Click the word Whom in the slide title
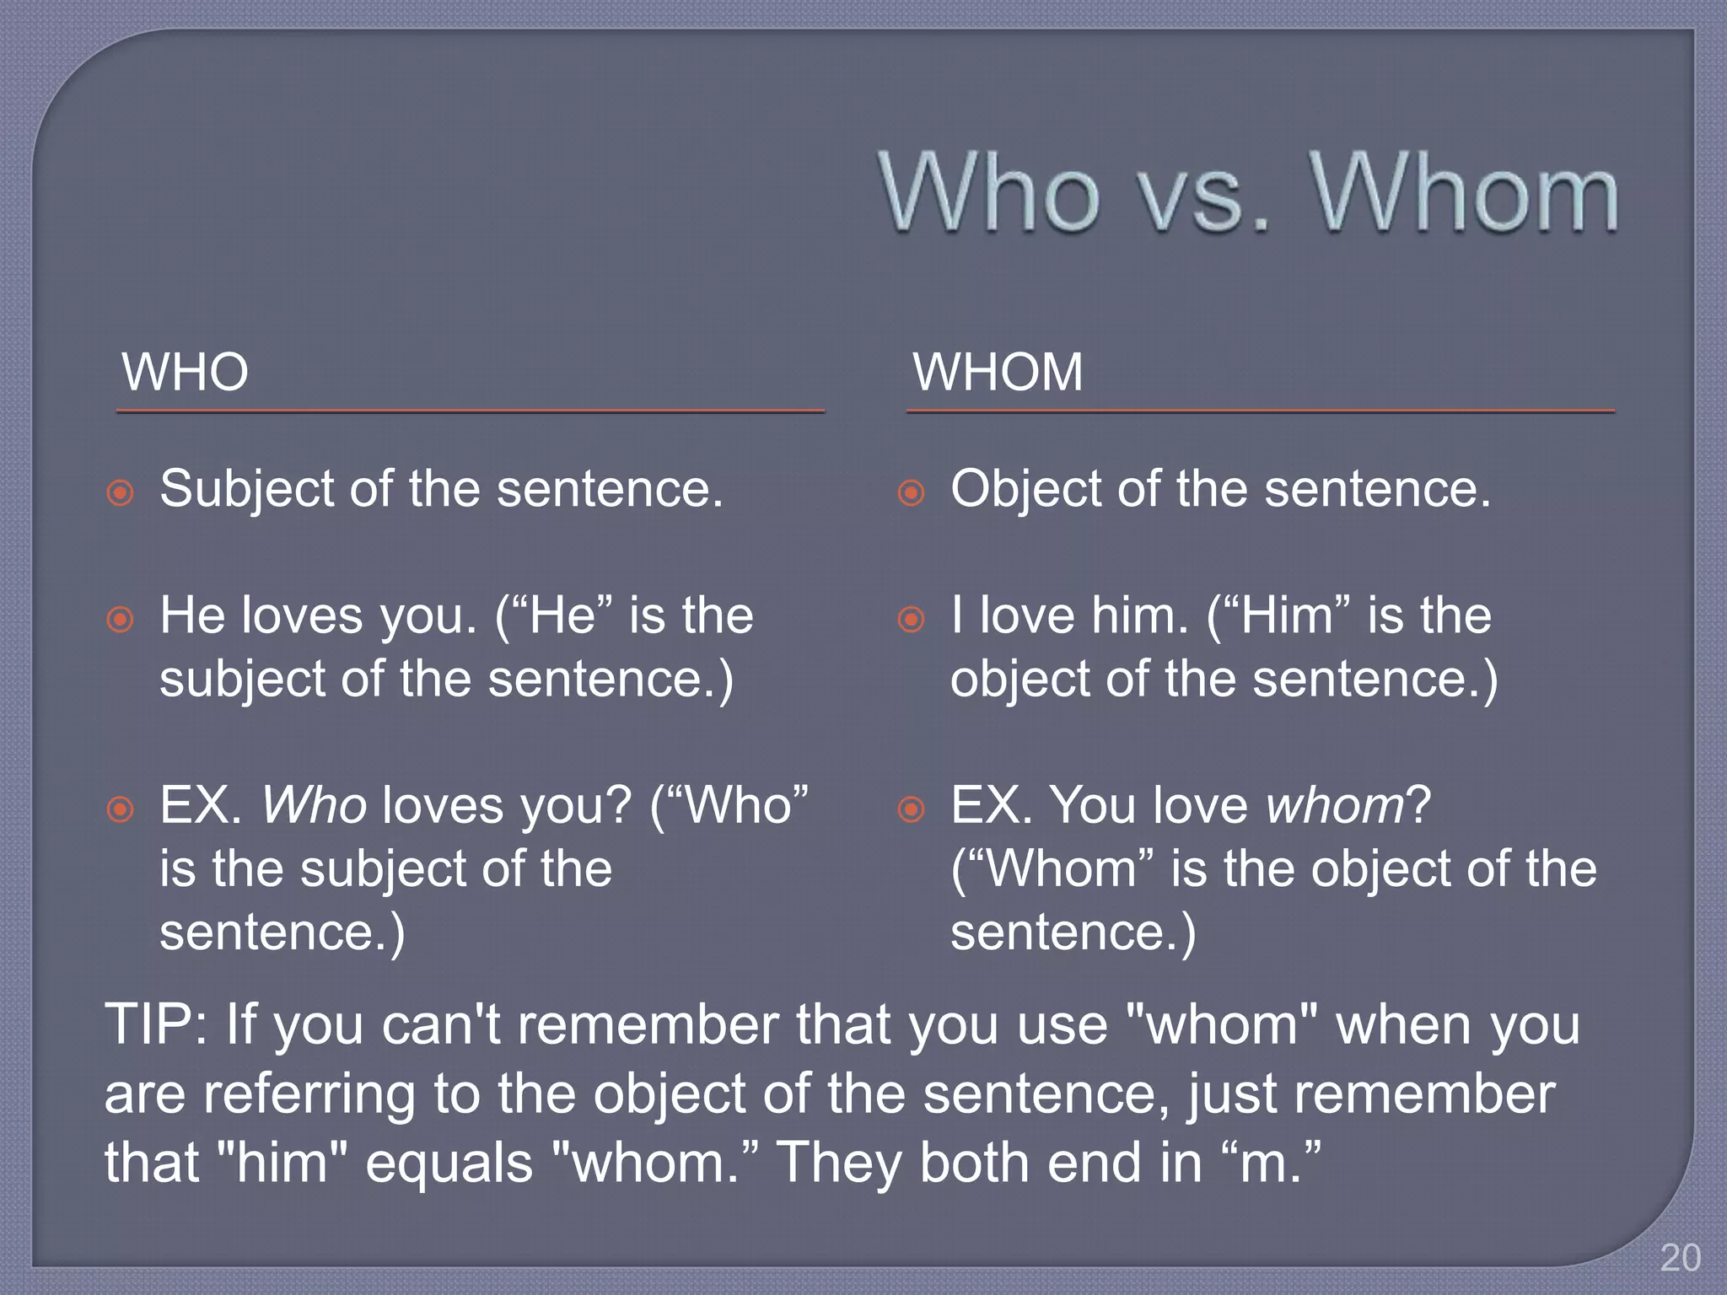pos(1464,194)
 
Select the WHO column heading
pos(185,372)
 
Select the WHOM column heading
pos(998,372)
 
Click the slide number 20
pos(1680,1258)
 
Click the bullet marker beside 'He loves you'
pos(121,620)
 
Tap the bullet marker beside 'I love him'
pos(911,620)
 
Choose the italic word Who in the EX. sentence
pos(314,805)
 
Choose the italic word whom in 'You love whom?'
pos(1335,805)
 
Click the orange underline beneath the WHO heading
pos(470,411)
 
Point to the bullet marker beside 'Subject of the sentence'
pos(121,492)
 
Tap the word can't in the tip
pos(440,1025)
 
